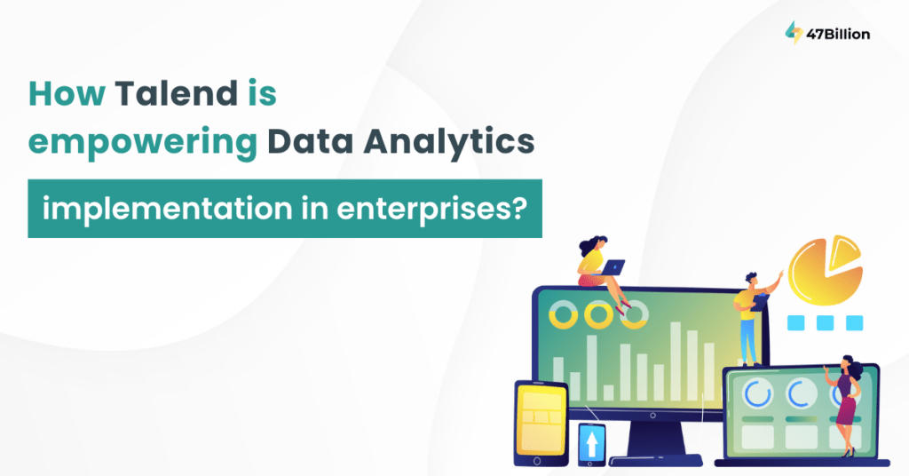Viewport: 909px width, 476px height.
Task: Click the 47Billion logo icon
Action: [794, 33]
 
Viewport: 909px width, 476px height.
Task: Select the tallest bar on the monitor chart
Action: [676, 361]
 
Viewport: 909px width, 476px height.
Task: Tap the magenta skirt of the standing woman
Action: [846, 409]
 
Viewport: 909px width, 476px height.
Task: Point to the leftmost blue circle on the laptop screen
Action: [757, 393]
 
